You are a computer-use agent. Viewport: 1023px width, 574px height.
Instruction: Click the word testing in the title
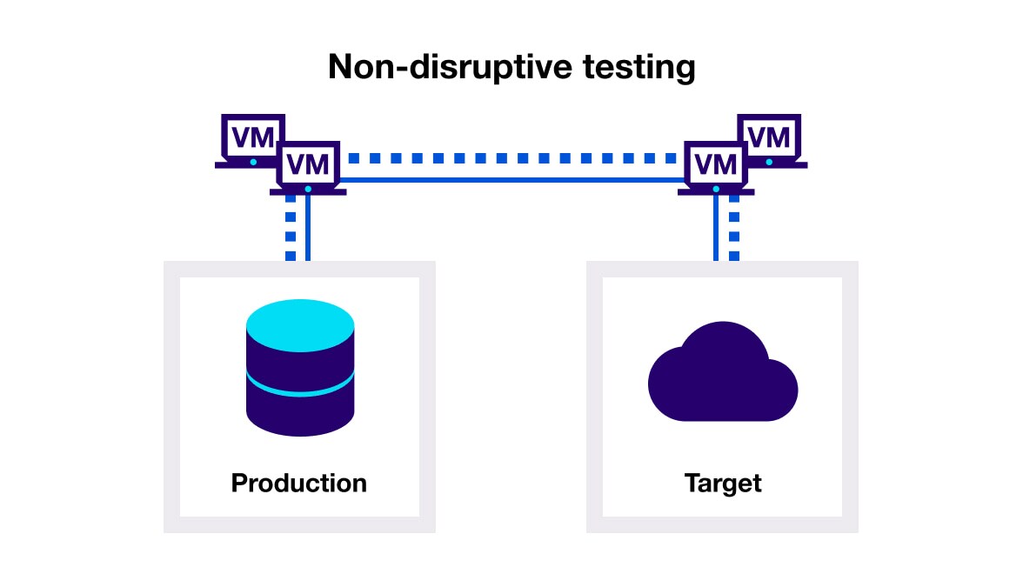633,68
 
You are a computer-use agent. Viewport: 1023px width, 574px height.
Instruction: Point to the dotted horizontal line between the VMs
512,159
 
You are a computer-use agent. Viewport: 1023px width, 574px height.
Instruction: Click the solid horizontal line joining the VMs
512,180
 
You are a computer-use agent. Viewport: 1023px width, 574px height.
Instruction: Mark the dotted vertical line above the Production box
291,228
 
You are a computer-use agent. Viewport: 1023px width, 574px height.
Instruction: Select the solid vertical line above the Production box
308,228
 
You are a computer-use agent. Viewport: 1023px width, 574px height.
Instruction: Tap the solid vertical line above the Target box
716,228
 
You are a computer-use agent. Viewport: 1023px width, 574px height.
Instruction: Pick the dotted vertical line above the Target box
734,228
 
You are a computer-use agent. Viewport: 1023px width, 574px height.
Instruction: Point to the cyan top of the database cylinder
300,321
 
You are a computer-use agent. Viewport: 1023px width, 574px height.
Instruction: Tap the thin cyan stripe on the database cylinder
300,387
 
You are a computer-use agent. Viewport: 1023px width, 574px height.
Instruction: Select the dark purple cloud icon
723,375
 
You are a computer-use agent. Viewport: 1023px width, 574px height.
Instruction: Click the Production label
298,483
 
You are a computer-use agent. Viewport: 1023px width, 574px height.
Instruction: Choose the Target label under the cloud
723,483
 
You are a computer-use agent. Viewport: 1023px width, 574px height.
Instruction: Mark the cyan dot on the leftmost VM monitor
253,162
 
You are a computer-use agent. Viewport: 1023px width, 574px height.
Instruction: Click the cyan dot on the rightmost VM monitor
769,162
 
